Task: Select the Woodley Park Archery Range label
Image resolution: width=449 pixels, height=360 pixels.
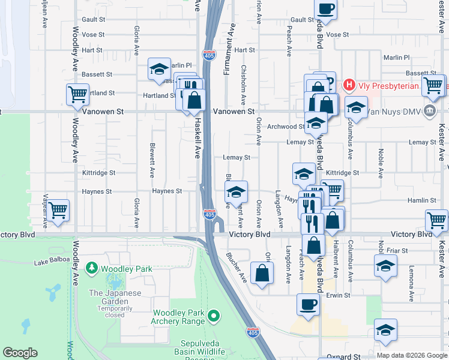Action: point(178,317)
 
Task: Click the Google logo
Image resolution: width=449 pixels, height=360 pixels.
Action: point(20,353)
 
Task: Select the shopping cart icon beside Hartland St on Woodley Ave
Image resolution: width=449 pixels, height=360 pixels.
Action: point(77,94)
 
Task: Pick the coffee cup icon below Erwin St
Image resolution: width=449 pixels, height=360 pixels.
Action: point(308,304)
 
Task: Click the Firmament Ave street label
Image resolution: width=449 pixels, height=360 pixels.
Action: point(228,54)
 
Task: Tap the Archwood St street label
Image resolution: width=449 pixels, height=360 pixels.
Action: point(286,127)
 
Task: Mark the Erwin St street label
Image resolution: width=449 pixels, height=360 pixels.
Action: point(338,295)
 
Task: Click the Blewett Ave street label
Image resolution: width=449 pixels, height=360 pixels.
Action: point(152,161)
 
